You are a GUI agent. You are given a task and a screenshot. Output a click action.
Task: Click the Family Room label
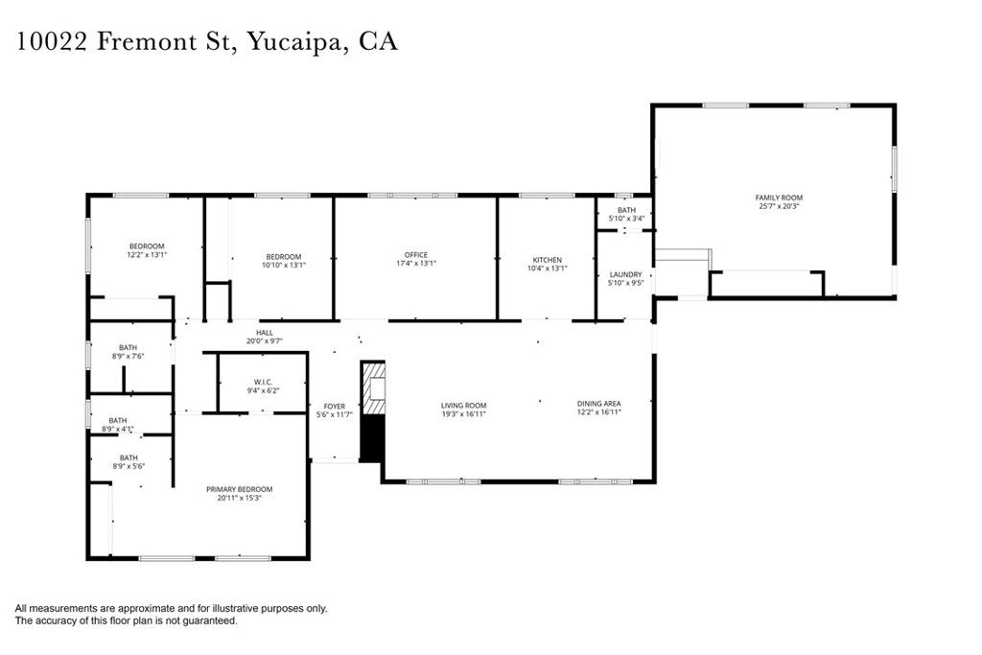779,198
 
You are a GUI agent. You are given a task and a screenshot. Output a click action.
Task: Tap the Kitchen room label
548,260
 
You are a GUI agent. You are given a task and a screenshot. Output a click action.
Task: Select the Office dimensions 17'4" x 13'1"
415,264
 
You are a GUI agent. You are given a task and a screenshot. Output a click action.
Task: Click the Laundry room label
625,274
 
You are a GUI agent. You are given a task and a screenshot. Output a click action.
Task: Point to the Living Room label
463,405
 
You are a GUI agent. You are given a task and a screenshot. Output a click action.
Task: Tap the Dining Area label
599,404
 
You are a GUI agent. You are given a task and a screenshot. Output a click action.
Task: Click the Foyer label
335,406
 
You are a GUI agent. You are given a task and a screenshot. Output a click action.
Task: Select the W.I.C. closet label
260,381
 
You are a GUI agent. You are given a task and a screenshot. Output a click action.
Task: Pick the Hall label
265,332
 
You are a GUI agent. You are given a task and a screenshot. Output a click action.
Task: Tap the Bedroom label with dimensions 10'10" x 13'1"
284,256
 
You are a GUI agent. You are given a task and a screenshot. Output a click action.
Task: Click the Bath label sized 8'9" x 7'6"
128,347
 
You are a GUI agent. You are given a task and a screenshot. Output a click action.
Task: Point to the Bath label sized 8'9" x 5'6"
128,457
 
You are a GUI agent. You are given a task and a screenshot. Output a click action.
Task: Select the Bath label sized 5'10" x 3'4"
626,210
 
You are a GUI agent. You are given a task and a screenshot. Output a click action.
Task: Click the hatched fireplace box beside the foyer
372,387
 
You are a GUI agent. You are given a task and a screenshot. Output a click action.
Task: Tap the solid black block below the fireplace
371,438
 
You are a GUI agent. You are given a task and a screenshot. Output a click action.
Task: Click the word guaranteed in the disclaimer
212,620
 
